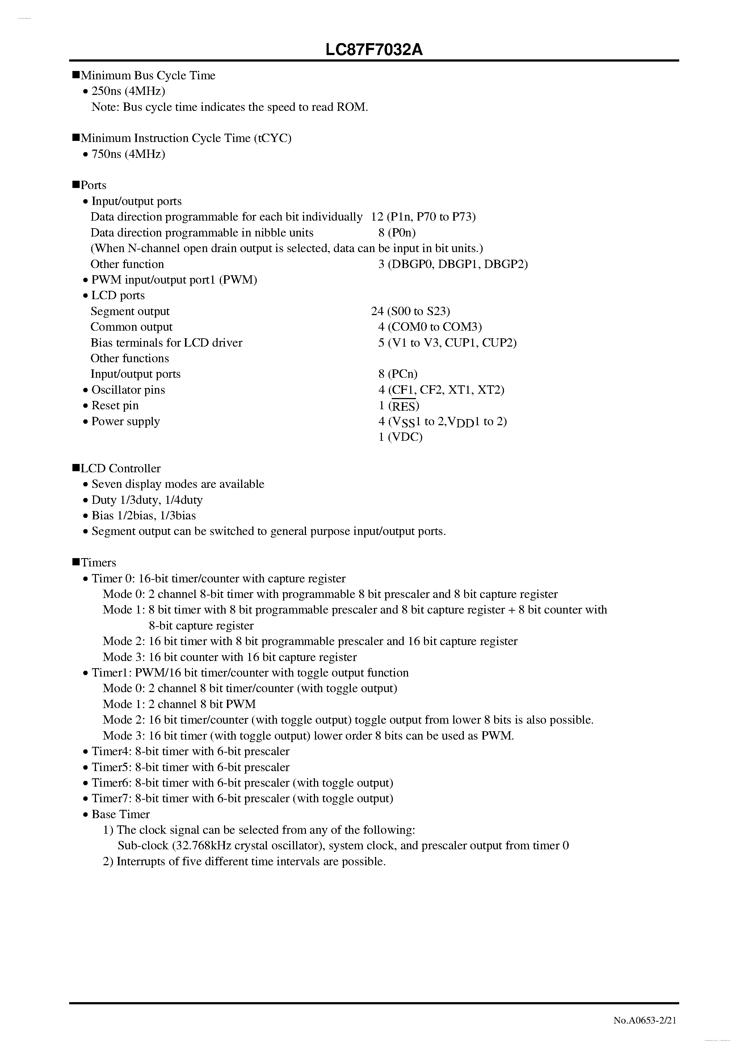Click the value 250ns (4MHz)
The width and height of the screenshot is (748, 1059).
click(128, 91)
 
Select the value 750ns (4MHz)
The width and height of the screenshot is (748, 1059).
click(128, 154)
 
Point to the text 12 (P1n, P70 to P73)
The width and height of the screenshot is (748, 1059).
click(423, 217)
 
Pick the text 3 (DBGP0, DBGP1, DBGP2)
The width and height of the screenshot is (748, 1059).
click(453, 264)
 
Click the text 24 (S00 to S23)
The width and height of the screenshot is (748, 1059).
click(411, 311)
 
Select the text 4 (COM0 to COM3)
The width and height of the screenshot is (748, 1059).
click(430, 327)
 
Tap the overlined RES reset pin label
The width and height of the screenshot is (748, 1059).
click(404, 406)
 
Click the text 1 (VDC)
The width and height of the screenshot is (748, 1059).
click(400, 437)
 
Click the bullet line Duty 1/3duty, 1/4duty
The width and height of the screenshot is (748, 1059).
click(147, 500)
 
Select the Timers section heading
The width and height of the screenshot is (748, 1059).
click(98, 563)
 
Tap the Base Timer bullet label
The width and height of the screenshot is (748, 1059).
click(120, 815)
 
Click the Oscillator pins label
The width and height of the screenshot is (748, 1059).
click(128, 390)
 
